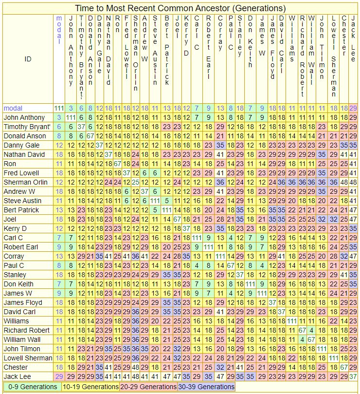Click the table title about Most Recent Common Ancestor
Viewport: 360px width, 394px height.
coord(180,8)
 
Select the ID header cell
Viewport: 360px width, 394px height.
coord(28,59)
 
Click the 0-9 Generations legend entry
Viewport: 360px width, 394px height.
coord(31,387)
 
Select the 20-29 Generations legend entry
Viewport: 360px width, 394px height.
coord(148,387)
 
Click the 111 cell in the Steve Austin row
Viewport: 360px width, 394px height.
coord(155,201)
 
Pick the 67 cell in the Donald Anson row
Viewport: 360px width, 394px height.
coord(90,136)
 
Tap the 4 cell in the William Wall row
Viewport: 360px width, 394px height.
coord(303,339)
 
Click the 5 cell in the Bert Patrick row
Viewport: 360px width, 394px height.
coord(155,210)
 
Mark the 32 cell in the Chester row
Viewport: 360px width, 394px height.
coord(220,367)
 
